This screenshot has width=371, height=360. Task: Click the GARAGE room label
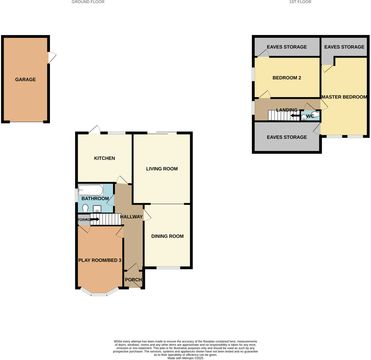pyautogui.click(x=25, y=80)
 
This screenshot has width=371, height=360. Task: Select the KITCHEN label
pyautogui.click(x=105, y=158)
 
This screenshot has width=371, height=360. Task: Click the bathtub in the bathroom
pyautogui.click(x=91, y=190)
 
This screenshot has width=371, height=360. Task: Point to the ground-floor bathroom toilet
pyautogui.click(x=85, y=208)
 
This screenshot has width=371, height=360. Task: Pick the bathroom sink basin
pyautogui.click(x=97, y=209)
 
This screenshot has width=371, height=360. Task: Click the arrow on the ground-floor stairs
pyautogui.click(x=95, y=219)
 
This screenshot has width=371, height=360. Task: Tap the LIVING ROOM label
pyautogui.click(x=162, y=169)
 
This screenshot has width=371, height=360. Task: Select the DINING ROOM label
pyautogui.click(x=167, y=236)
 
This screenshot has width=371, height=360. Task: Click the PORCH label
pyautogui.click(x=133, y=280)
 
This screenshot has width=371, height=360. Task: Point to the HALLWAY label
pyautogui.click(x=131, y=217)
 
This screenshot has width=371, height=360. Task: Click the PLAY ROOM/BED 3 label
pyautogui.click(x=100, y=260)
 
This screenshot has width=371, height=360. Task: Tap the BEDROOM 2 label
pyautogui.click(x=287, y=78)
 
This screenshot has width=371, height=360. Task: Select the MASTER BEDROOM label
pyautogui.click(x=344, y=97)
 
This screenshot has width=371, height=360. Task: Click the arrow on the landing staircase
pyautogui.click(x=295, y=115)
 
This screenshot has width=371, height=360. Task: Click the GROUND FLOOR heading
pyautogui.click(x=88, y=2)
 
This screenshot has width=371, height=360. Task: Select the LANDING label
pyautogui.click(x=286, y=110)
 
